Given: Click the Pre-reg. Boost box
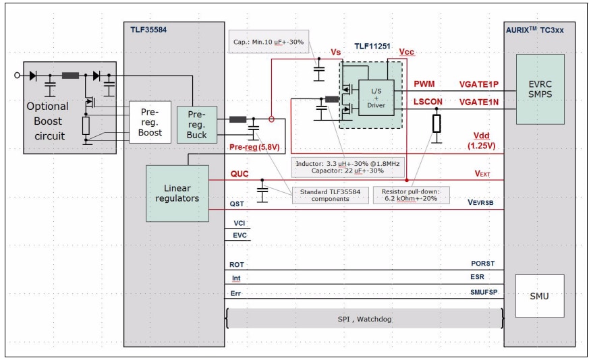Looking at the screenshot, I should (150, 123).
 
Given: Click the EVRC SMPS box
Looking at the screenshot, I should (540, 89).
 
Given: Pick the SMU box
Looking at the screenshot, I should (539, 295).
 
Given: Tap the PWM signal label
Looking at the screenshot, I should (424, 84).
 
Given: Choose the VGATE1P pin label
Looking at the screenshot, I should (478, 84).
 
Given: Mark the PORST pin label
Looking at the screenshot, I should (482, 264).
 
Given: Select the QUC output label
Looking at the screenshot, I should (240, 174).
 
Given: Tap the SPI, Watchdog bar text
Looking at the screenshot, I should (364, 318).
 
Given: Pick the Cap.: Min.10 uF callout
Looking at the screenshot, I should (269, 42).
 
